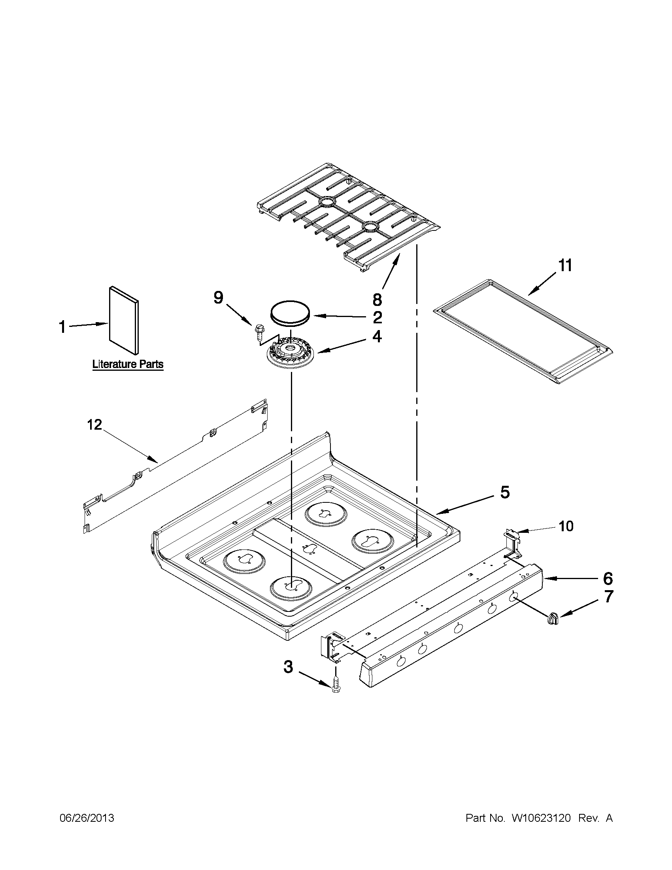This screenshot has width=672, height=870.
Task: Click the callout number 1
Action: (x=62, y=327)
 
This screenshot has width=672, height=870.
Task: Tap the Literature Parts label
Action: (x=127, y=364)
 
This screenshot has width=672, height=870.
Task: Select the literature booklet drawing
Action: (x=124, y=320)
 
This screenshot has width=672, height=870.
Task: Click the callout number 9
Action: (x=218, y=297)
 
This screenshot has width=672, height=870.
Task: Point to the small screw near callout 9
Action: (x=257, y=331)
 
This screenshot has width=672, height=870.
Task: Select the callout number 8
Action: (x=377, y=299)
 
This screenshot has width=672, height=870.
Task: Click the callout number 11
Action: (x=565, y=265)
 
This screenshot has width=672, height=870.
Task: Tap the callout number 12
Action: (x=95, y=425)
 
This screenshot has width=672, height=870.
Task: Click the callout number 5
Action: (x=504, y=493)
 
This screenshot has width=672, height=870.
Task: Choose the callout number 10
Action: (x=566, y=526)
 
